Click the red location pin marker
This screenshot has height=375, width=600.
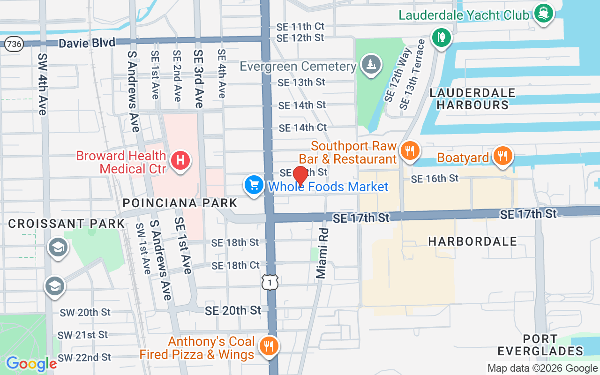pos(300,176)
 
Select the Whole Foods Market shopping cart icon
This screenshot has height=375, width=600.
pos(254,185)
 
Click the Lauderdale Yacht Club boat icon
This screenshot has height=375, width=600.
pos(543,13)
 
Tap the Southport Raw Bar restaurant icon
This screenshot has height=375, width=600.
pos(410,150)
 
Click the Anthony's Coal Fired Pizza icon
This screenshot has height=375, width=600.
pos(269,346)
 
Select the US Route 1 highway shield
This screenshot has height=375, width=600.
pos(270,282)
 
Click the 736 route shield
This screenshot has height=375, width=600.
pos(14,44)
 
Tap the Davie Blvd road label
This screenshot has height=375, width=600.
pos(87,43)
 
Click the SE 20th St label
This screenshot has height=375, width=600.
pos(233,310)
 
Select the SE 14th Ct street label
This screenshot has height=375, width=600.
pos(302,127)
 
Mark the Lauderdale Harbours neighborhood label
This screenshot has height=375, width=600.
pos(472,99)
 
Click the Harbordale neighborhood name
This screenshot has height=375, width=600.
pos(472,241)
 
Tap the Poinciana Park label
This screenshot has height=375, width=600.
pos(180,203)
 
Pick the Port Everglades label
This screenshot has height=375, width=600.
pos(540,345)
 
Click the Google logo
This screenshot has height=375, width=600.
pos(31,364)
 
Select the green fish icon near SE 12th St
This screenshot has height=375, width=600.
pos(441,37)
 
